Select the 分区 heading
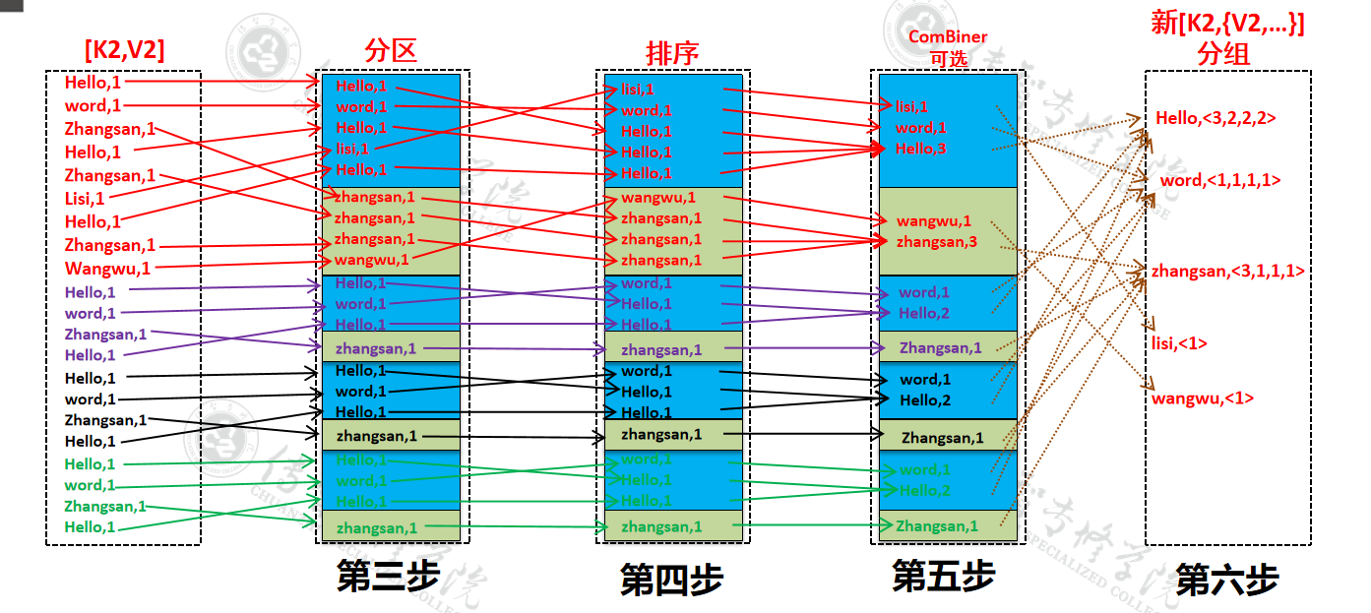[x=390, y=49]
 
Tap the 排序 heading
[x=672, y=52]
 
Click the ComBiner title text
[x=947, y=37]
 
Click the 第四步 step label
[x=671, y=580]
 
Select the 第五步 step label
[x=943, y=577]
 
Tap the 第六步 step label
[x=1226, y=580]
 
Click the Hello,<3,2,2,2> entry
[x=1215, y=118]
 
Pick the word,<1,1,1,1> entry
[x=1220, y=180]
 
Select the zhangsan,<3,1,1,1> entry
[x=1228, y=271]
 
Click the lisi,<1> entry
[x=1179, y=343]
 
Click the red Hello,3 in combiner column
[x=920, y=149]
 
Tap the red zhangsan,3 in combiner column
[x=936, y=241]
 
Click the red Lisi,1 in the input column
[x=85, y=199]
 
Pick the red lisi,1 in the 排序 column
[x=637, y=90]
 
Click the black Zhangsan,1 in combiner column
[x=942, y=438]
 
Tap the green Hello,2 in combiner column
[x=924, y=490]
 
